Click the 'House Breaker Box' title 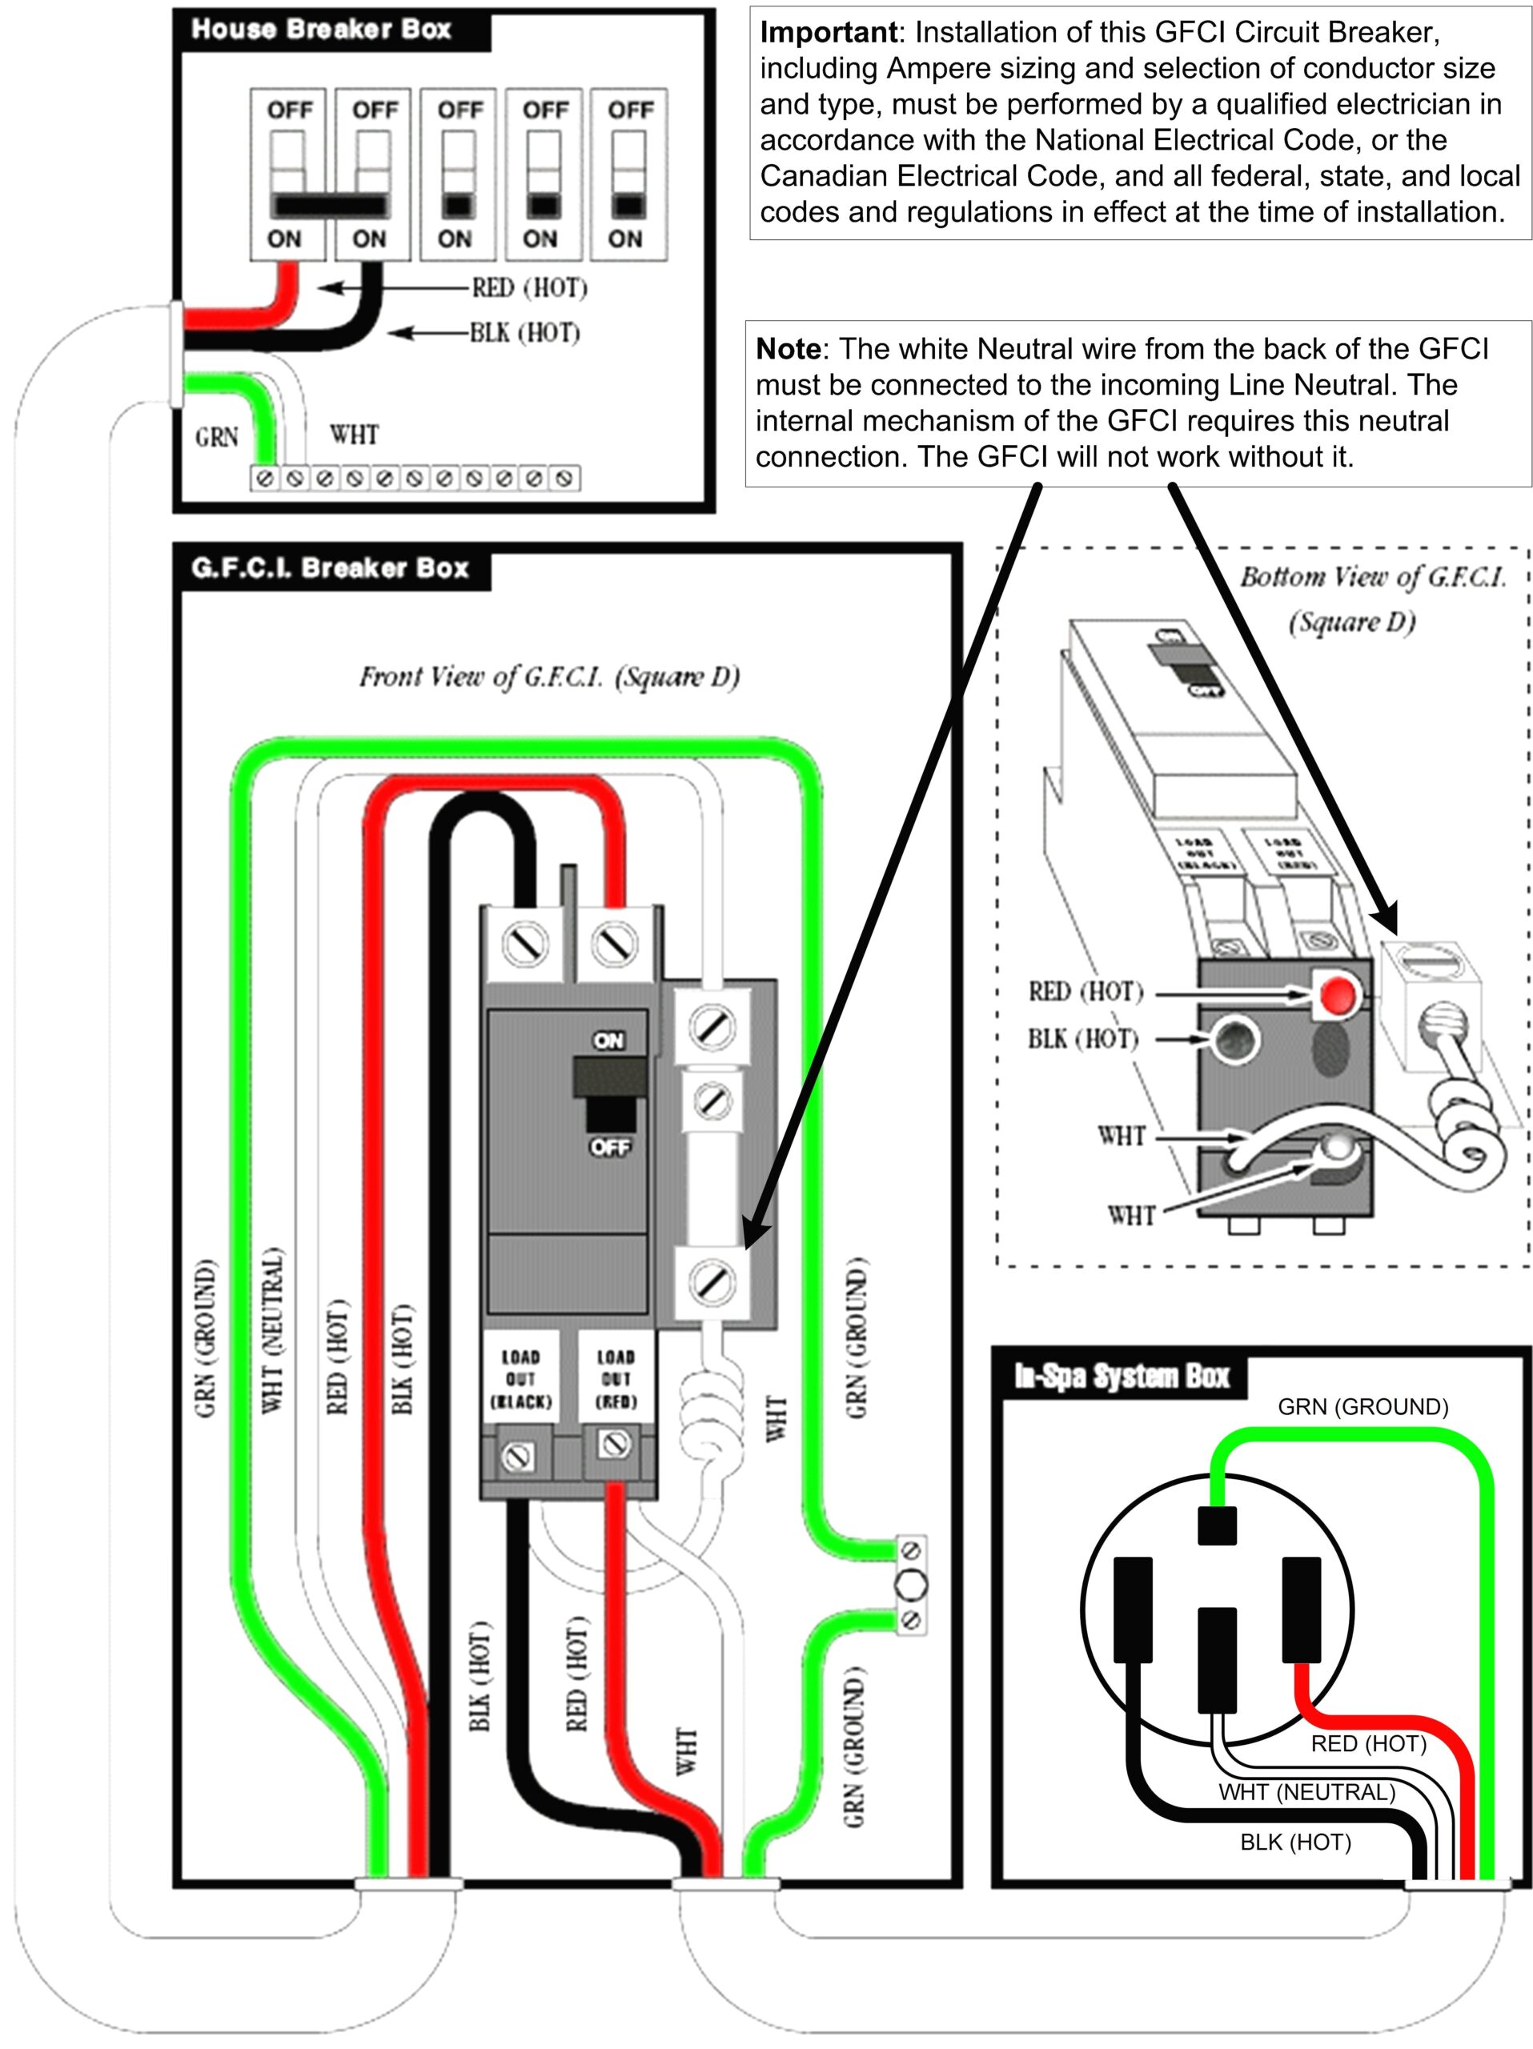(x=320, y=30)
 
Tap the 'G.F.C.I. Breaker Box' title (x=330, y=567)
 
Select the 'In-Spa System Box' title (x=1121, y=1377)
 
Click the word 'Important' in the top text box (x=827, y=33)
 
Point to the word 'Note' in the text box (x=788, y=349)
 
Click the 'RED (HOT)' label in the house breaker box (x=529, y=288)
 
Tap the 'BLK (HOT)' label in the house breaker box (x=524, y=332)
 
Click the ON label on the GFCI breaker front (x=608, y=1041)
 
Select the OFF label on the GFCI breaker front (x=608, y=1147)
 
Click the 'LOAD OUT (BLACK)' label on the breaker (x=520, y=1379)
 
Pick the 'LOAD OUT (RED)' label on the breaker (x=615, y=1379)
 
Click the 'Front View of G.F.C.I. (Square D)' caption (x=549, y=677)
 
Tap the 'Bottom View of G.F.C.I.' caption (x=1373, y=577)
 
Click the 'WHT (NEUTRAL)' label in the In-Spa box (x=1306, y=1792)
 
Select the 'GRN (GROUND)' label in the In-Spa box (x=1362, y=1407)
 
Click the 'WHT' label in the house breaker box (x=354, y=435)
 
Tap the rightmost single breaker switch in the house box (x=629, y=174)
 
